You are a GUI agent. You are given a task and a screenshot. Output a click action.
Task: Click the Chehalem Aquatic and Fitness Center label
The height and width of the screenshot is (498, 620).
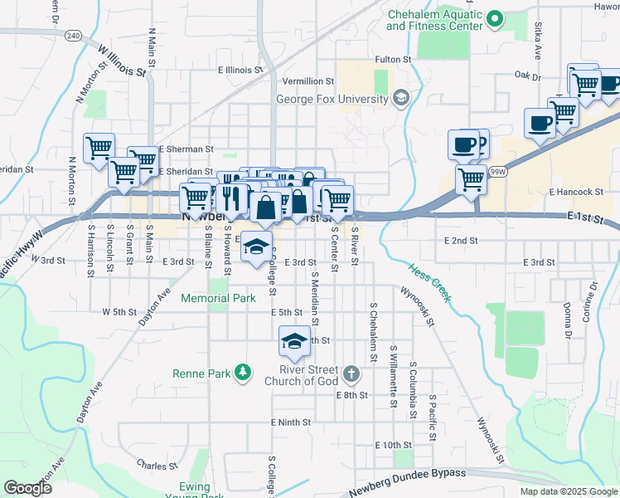(434, 20)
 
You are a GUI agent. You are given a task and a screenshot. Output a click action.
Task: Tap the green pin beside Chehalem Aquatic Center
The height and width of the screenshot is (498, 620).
(495, 17)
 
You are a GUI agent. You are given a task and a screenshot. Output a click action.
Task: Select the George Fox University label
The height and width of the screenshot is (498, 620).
(332, 100)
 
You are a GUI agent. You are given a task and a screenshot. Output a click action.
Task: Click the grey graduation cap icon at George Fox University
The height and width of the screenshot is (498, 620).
(401, 100)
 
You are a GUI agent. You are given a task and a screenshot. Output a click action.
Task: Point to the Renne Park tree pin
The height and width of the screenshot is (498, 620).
(243, 373)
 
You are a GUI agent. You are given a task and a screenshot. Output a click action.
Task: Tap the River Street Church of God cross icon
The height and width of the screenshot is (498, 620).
(351, 373)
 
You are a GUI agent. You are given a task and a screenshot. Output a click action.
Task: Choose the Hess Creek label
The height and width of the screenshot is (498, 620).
(429, 282)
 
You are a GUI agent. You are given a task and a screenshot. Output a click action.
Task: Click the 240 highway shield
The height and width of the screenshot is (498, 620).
(74, 36)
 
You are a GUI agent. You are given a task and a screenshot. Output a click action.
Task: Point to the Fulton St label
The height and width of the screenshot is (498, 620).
(393, 60)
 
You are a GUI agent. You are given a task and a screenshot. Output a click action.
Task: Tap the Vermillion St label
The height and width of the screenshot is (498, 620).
(308, 81)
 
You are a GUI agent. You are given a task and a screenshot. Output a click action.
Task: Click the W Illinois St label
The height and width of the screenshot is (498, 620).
(121, 61)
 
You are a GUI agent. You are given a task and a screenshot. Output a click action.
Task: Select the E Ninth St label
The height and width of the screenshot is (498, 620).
(290, 422)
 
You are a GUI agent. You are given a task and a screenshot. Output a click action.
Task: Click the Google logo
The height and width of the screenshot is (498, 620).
(27, 488)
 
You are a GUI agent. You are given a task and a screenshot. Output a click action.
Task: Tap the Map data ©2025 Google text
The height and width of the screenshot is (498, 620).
(567, 491)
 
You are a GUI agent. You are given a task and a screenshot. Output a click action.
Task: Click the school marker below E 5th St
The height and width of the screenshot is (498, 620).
(293, 341)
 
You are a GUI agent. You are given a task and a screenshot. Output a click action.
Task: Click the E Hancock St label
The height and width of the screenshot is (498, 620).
(573, 192)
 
